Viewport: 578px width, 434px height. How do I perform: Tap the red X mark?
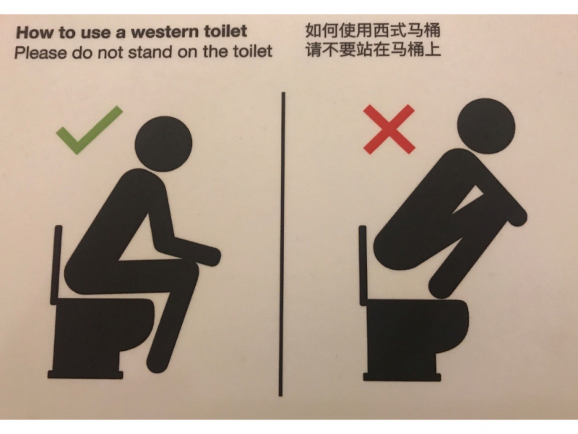point(389,129)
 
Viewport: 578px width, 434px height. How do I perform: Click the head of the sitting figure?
point(164,144)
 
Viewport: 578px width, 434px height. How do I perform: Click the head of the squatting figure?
point(486,126)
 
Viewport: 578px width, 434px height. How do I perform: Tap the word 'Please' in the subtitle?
point(41,52)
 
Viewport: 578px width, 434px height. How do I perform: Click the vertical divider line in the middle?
point(282,244)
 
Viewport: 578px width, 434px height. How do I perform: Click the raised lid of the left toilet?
point(57,264)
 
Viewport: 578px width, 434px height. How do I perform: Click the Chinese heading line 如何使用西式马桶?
point(373,30)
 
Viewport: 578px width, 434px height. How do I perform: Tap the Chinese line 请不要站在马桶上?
point(373,50)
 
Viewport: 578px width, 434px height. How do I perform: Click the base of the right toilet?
point(402,376)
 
